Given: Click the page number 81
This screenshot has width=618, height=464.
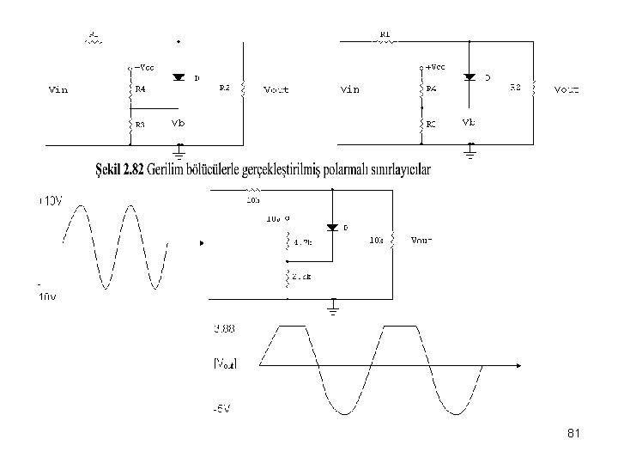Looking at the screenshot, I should [x=574, y=435].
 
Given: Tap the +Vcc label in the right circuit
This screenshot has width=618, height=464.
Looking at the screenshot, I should [x=435, y=66].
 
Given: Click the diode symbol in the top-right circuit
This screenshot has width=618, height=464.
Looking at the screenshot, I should [x=470, y=77].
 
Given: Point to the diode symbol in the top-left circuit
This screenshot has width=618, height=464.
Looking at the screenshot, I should [x=179, y=77].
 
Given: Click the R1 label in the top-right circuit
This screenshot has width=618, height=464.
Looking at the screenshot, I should [x=385, y=35].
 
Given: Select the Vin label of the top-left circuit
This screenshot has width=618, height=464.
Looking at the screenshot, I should [x=58, y=89].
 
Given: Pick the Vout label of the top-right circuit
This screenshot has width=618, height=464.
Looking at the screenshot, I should [x=566, y=89].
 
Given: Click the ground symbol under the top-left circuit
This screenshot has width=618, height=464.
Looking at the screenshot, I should [x=179, y=152].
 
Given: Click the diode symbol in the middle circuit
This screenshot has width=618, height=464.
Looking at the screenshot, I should [x=333, y=228].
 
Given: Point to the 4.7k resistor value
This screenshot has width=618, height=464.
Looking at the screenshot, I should [x=303, y=243].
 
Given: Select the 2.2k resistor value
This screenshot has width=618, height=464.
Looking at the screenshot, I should [x=303, y=277].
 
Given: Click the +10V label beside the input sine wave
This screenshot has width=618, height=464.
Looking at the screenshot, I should [x=49, y=201].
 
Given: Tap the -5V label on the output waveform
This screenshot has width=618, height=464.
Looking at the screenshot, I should [x=222, y=407].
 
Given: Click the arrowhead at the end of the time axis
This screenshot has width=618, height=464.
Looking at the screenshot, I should [x=520, y=364].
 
